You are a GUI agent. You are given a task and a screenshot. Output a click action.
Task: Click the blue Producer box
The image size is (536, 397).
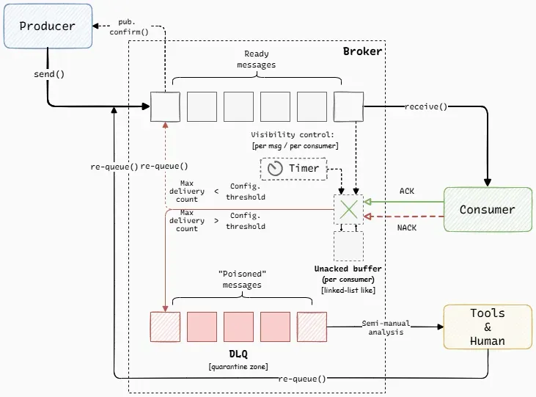tap(48, 26)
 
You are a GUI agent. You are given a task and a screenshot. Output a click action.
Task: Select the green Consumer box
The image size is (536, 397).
tap(487, 210)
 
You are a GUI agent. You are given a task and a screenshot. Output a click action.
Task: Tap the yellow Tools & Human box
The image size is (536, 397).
tap(487, 327)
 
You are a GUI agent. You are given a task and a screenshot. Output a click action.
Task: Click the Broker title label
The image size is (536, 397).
tap(362, 52)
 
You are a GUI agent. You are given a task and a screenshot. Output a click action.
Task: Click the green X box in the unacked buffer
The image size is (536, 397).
tap(348, 209)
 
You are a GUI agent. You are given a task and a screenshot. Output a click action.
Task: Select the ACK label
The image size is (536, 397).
tap(406, 191)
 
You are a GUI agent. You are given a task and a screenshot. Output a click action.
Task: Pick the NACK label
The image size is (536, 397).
tap(406, 227)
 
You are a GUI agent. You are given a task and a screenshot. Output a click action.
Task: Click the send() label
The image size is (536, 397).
tap(48, 74)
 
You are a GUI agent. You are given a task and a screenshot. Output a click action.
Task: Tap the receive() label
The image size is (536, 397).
tap(426, 106)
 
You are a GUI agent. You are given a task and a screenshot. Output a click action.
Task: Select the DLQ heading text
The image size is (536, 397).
tap(238, 354)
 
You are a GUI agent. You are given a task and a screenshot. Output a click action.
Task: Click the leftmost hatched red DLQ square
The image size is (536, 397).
tap(165, 327)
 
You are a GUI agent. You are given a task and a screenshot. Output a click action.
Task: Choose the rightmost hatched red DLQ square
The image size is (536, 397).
tap(312, 327)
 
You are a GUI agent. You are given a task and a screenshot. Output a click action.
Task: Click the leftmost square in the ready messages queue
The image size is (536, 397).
tap(165, 106)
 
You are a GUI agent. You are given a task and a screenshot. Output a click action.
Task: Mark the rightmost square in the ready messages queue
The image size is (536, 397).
tap(348, 106)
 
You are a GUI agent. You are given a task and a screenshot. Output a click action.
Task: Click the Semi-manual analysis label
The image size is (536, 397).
tap(386, 327)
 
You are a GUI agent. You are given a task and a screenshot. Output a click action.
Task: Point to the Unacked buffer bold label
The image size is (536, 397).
tap(348, 269)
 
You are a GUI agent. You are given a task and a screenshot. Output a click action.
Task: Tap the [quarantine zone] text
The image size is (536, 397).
tap(238, 365)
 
